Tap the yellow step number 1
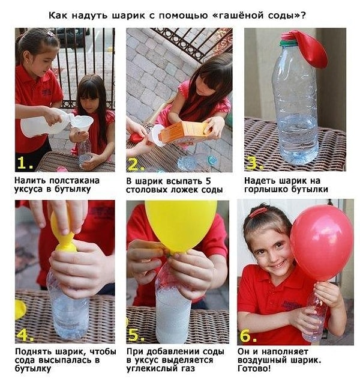[x=25, y=163]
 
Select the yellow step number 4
[x=25, y=335]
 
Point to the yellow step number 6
[x=248, y=336]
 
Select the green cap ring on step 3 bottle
[x=289, y=43]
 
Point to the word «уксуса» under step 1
[x=28, y=189]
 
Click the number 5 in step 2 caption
[x=208, y=181]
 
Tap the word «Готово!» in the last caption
[x=254, y=369]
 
